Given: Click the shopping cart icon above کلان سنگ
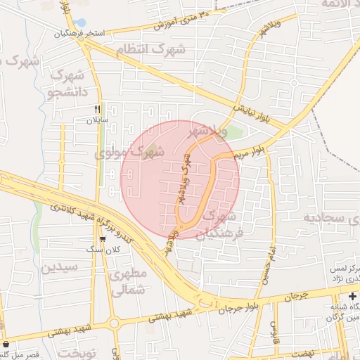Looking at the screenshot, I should (x=103, y=239).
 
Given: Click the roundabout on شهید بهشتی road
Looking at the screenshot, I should (x=114, y=323).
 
